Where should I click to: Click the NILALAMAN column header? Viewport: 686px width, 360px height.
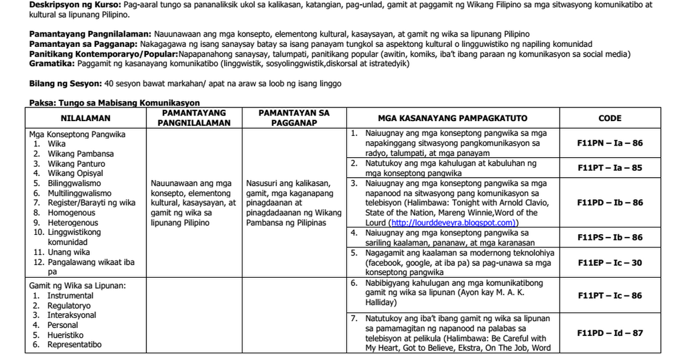point(86,118)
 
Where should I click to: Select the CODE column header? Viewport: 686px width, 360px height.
point(609,118)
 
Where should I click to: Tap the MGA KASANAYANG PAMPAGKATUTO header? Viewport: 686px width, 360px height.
point(452,118)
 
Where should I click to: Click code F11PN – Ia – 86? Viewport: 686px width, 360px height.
point(609,143)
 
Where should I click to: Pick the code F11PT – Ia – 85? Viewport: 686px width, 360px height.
point(609,168)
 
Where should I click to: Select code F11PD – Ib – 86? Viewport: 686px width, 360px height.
point(609,203)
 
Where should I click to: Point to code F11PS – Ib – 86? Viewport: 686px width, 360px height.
point(609,237)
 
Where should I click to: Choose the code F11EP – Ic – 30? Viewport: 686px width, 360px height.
point(609,263)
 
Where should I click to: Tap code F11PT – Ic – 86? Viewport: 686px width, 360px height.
point(609,295)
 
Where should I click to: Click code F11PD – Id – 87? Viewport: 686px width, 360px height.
point(609,333)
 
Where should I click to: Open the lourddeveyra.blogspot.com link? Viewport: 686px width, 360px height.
point(452,223)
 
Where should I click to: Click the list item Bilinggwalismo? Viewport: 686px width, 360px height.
point(74,183)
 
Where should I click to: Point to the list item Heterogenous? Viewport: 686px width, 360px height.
point(73,223)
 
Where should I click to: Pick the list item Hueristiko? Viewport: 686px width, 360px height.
point(65,335)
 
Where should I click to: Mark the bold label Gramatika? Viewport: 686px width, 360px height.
point(51,63)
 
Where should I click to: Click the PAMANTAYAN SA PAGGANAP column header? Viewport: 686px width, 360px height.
point(294,118)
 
